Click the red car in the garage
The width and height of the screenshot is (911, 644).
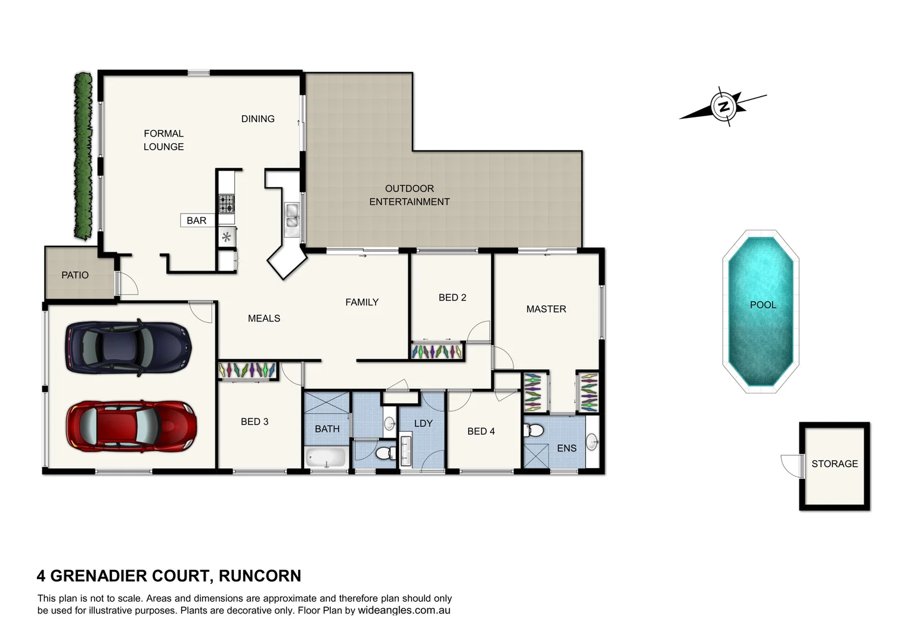(x=131, y=426)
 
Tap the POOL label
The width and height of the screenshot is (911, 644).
(x=763, y=305)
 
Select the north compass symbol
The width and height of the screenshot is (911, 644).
(x=724, y=107)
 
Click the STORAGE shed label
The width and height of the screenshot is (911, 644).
(x=834, y=463)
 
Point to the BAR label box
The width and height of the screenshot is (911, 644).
(x=197, y=221)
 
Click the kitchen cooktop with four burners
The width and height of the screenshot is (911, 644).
(x=227, y=204)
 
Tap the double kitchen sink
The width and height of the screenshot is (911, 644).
(x=292, y=216)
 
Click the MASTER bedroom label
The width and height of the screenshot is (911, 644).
(x=546, y=309)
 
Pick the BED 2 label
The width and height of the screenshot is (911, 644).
(x=452, y=297)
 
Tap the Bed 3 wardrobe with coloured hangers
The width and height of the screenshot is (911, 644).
(x=247, y=370)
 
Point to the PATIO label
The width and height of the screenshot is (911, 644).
(x=75, y=275)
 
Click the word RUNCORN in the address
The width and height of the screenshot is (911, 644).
(x=259, y=576)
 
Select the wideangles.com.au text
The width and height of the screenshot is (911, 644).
(x=404, y=611)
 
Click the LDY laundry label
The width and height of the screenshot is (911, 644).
(x=423, y=423)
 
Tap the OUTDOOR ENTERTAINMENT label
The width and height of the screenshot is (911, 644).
(x=409, y=195)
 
